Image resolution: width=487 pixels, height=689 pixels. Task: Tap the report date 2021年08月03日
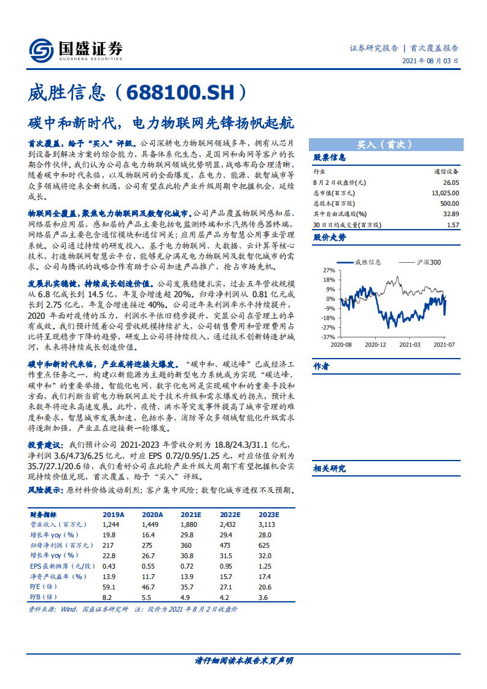430,61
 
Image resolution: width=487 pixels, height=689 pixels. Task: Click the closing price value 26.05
450,182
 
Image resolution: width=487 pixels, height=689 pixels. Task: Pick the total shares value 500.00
450,203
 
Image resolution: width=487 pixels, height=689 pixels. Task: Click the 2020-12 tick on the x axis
375,346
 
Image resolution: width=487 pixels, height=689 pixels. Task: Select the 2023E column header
268,515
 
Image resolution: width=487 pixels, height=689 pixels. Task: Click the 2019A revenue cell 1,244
111,524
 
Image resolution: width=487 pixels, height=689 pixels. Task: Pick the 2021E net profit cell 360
187,545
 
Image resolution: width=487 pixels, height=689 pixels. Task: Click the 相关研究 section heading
329,469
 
